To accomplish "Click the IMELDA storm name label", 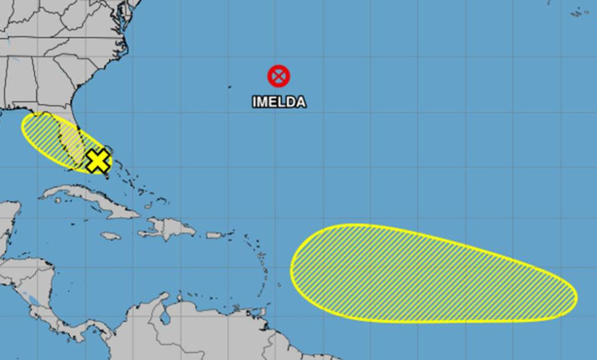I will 279,102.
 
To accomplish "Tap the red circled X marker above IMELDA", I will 279,76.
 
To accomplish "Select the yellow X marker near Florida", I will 97,160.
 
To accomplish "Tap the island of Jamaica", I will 110,236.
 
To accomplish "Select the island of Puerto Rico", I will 215,235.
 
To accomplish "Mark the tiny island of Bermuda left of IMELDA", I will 229,86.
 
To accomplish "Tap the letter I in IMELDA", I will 254,102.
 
